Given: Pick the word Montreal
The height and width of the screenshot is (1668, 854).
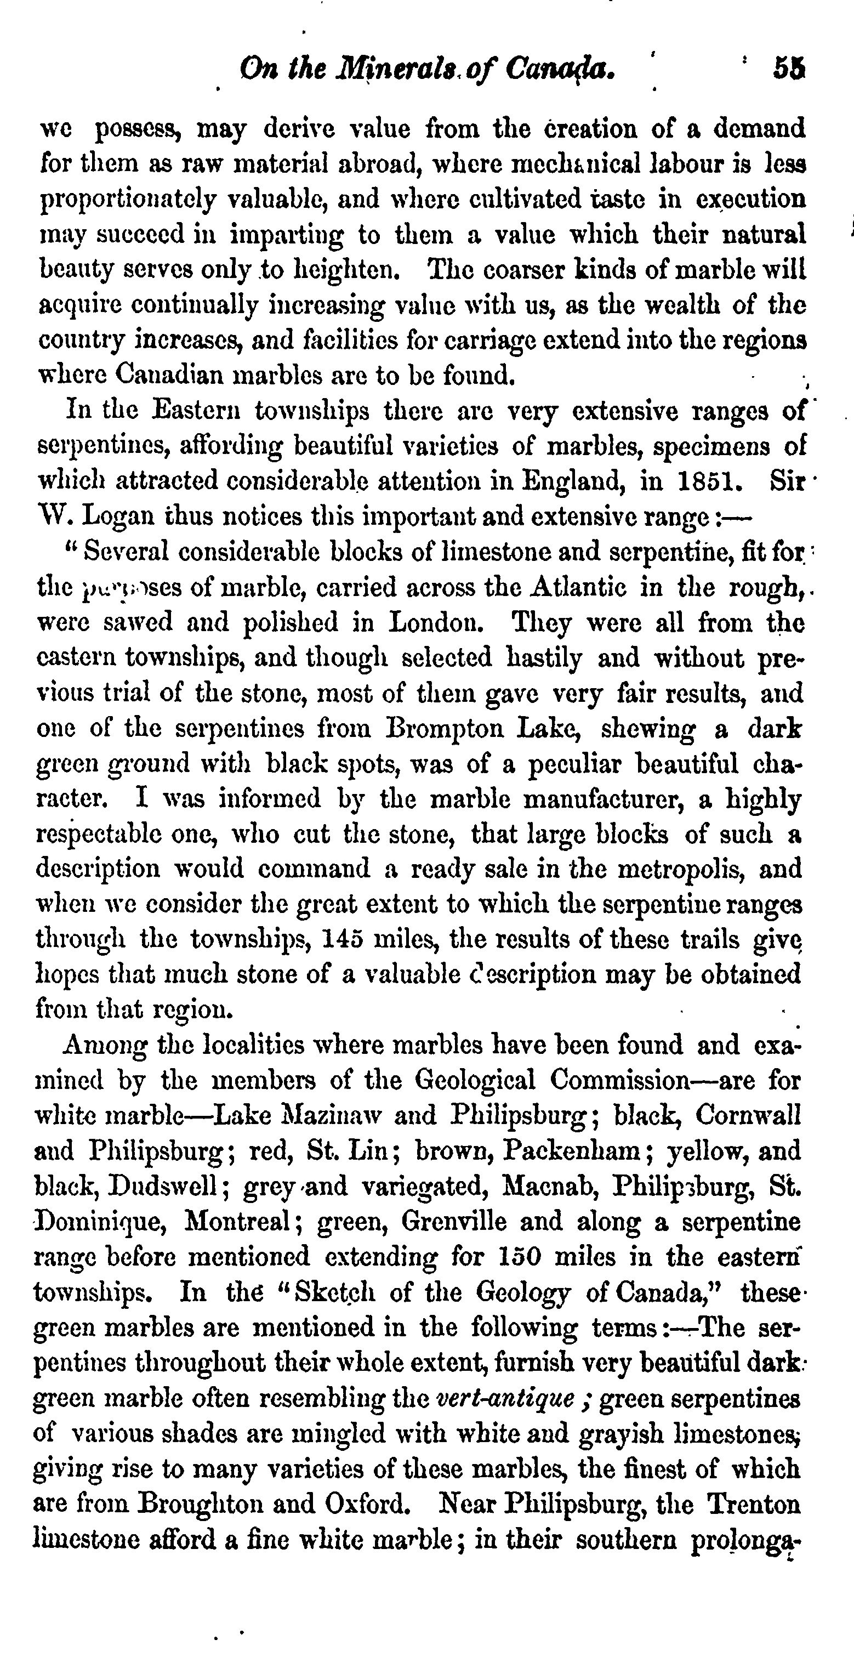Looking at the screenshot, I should tap(240, 1222).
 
